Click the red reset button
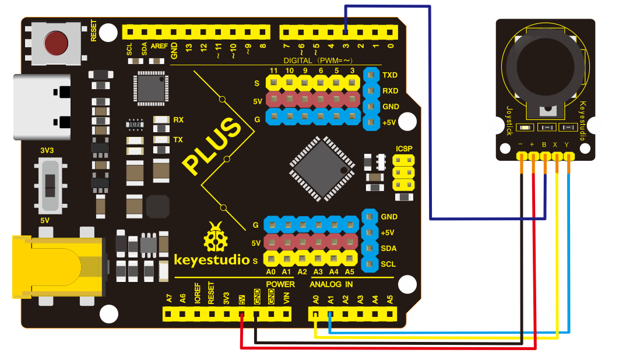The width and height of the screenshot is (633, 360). pyautogui.click(x=56, y=43)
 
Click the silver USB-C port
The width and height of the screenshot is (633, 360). pyautogui.click(x=42, y=107)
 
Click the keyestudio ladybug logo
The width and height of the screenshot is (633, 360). pyautogui.click(x=216, y=237)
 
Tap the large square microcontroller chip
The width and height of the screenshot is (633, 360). pyautogui.click(x=322, y=168)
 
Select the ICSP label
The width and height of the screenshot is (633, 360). pyautogui.click(x=404, y=149)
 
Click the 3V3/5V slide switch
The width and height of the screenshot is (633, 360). pyautogui.click(x=51, y=186)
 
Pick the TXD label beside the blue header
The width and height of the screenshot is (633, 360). pyautogui.click(x=390, y=75)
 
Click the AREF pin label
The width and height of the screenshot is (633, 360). pyautogui.click(x=159, y=46)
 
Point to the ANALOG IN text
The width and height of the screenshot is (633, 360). pyautogui.click(x=331, y=284)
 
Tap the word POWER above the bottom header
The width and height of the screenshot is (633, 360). pyautogui.click(x=280, y=284)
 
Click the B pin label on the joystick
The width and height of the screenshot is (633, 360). pyautogui.click(x=544, y=144)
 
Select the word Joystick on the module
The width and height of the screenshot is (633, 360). pyautogui.click(x=509, y=120)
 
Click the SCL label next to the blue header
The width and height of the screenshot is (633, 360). pyautogui.click(x=388, y=264)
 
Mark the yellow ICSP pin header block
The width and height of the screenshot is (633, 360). pyautogui.click(x=403, y=173)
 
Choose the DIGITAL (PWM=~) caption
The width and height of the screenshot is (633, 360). pyautogui.click(x=318, y=61)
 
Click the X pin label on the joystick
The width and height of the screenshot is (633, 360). pyautogui.click(x=555, y=144)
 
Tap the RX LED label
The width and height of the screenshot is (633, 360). pyautogui.click(x=178, y=120)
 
